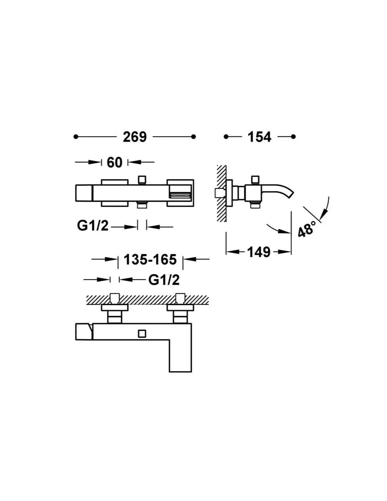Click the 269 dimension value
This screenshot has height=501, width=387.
click(135, 137)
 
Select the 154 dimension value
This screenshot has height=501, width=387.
click(259, 137)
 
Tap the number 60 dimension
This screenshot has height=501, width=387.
click(115, 162)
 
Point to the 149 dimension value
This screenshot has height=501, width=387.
click(259, 252)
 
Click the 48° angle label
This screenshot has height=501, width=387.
click(306, 229)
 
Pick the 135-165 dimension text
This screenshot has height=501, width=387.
click(150, 259)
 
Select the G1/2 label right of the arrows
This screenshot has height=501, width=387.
click(164, 280)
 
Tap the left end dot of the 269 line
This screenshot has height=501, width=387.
click(76, 137)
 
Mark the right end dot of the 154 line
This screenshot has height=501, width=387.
click(293, 137)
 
